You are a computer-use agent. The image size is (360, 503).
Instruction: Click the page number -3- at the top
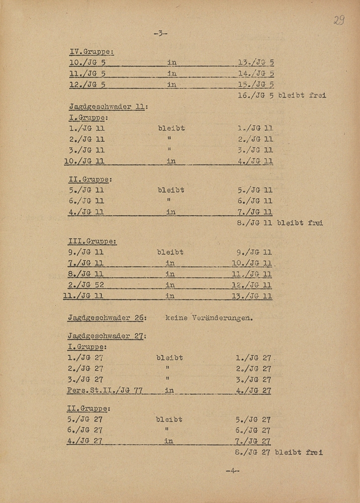point(160,34)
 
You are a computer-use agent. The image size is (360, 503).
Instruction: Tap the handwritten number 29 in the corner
point(339,21)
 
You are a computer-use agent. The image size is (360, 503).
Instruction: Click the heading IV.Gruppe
point(91,51)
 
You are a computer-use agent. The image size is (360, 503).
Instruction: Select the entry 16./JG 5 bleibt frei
point(281,95)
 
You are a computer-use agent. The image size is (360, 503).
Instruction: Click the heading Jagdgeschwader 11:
point(108,107)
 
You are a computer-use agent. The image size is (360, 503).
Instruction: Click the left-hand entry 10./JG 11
point(83,161)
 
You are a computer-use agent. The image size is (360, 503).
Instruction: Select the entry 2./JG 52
point(85,285)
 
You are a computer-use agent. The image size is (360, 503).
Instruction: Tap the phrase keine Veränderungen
point(208,317)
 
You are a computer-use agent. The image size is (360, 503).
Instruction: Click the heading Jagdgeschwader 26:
point(107,317)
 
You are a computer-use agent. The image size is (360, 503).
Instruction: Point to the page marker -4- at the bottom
point(232,471)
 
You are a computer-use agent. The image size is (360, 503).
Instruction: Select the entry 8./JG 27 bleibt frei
point(279,452)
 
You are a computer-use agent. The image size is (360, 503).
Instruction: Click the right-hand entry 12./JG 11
point(252,285)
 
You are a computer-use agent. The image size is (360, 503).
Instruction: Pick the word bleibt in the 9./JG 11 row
point(170,252)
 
